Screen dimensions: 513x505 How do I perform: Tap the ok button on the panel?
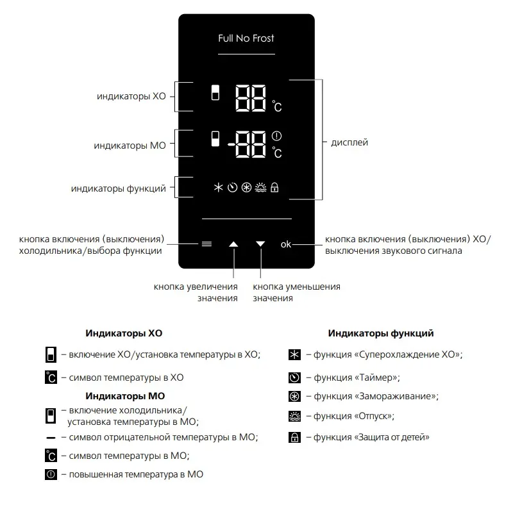pyautogui.click(x=285, y=244)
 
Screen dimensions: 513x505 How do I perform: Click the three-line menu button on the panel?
pyautogui.click(x=206, y=244)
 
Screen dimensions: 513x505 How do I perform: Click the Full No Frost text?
pyautogui.click(x=246, y=38)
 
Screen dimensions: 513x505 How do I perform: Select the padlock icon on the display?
pyautogui.click(x=274, y=187)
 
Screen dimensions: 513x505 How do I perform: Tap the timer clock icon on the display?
pyautogui.click(x=232, y=187)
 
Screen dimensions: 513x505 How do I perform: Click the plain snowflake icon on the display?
pyautogui.click(x=218, y=187)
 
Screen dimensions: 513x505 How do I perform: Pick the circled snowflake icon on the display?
pyautogui.click(x=246, y=187)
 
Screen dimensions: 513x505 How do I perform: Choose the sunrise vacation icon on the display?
pyautogui.click(x=260, y=187)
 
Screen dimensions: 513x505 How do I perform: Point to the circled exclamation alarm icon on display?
pyautogui.click(x=276, y=136)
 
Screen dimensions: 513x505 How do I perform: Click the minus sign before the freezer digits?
pyautogui.click(x=232, y=144)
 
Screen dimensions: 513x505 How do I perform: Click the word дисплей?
pyautogui.click(x=349, y=143)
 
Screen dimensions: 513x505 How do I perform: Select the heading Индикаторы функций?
pyautogui.click(x=381, y=333)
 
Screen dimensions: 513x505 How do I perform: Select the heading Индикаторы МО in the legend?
pyautogui.click(x=125, y=396)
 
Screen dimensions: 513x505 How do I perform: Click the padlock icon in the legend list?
pyautogui.click(x=294, y=437)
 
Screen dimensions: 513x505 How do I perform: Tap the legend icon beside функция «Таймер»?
pyautogui.click(x=294, y=377)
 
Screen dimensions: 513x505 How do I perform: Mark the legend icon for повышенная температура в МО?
pyautogui.click(x=51, y=474)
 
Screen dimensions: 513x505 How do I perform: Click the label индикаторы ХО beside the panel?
pyautogui.click(x=131, y=96)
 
